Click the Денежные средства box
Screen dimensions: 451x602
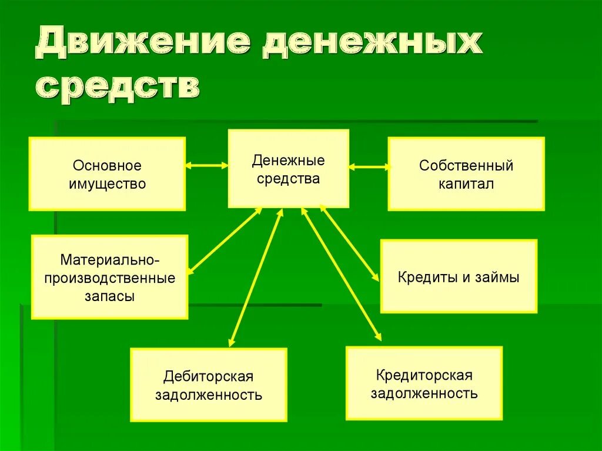coord(288,169)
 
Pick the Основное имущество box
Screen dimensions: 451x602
coord(107,174)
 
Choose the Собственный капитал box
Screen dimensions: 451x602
coord(466,173)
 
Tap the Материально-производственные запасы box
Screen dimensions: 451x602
coord(109,277)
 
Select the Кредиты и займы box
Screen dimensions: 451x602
coord(459,276)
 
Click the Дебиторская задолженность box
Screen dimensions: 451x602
coord(209,385)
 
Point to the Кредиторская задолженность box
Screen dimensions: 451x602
coord(424,383)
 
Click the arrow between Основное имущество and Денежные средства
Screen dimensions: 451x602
coord(207,166)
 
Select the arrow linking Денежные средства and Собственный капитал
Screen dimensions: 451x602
coord(369,167)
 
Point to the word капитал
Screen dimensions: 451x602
coord(466,183)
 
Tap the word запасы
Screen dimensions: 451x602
coord(109,296)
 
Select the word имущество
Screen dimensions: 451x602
coord(107,183)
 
